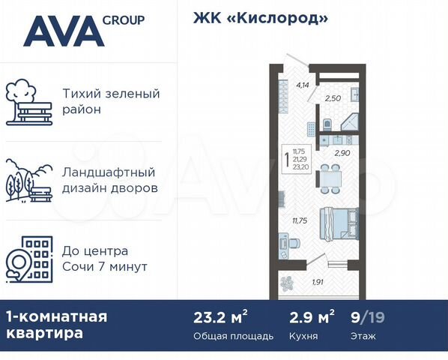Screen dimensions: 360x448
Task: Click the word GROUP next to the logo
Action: point(124,19)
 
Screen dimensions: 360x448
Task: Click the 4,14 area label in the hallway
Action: point(303,85)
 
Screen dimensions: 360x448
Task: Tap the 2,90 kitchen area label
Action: point(341,152)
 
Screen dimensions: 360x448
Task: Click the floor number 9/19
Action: point(366,317)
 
